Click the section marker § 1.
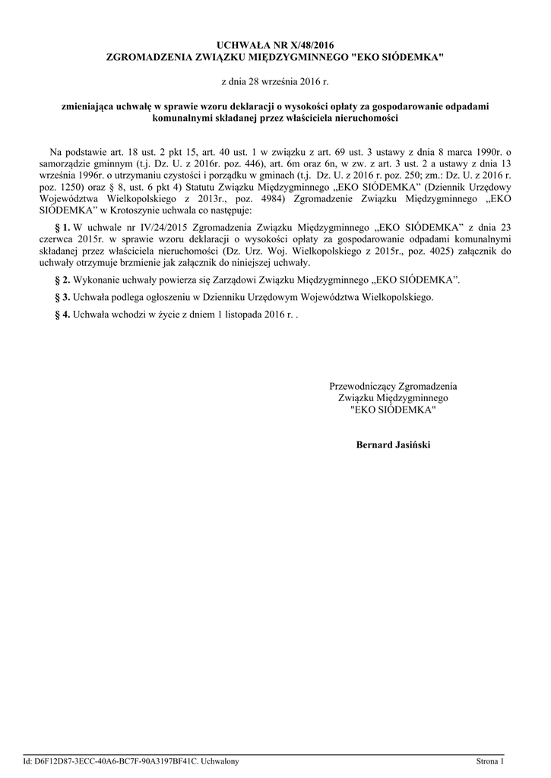coord(64,227)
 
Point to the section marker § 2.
coord(64,280)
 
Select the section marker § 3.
coord(64,297)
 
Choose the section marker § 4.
coord(64,314)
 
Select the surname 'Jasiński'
coord(411,444)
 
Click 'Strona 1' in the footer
coord(489,761)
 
